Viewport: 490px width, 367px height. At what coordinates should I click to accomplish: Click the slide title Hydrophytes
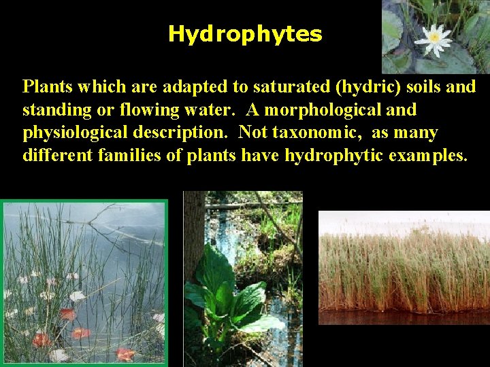tap(245, 34)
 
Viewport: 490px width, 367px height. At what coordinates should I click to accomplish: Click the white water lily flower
tap(434, 39)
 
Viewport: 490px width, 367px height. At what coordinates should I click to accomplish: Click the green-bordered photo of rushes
tap(84, 283)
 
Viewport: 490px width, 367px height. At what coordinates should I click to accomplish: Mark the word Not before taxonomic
tap(255, 132)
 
